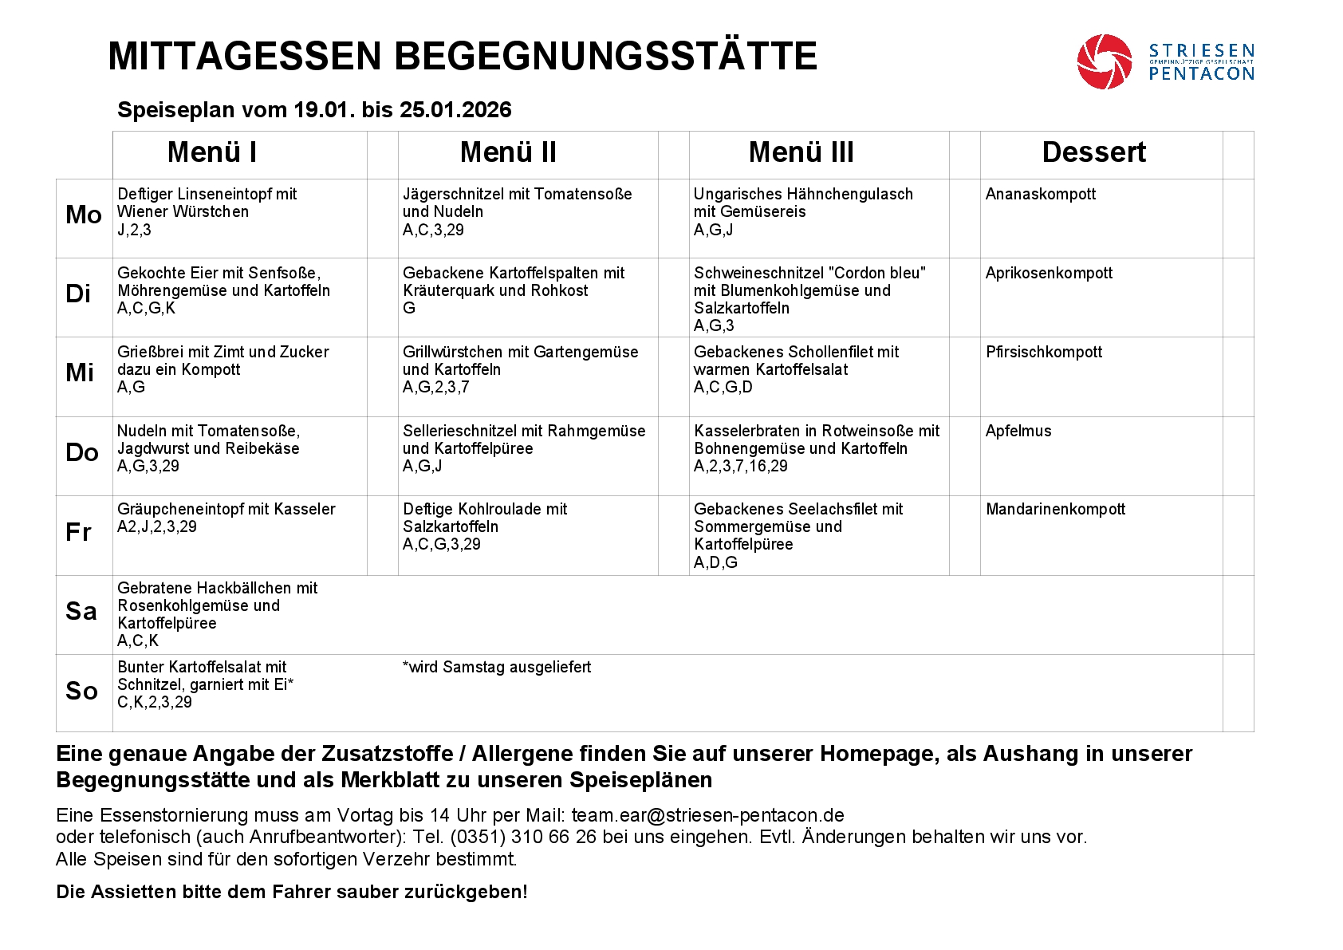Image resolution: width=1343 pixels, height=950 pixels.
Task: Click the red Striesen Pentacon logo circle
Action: click(1104, 61)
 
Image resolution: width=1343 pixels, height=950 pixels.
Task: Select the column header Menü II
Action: click(508, 152)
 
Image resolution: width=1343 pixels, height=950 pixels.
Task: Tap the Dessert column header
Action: click(1093, 152)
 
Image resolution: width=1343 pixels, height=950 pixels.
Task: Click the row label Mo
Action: click(83, 215)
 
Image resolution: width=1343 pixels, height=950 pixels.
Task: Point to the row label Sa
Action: click(81, 611)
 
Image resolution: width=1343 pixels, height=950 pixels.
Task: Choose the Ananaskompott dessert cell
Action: click(1040, 194)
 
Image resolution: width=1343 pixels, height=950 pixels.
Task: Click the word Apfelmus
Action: click(1018, 431)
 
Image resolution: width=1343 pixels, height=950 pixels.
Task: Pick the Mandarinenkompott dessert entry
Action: click(1055, 509)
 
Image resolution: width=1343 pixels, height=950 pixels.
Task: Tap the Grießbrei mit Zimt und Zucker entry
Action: click(223, 352)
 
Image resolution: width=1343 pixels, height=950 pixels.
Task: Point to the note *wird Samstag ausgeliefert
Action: click(497, 667)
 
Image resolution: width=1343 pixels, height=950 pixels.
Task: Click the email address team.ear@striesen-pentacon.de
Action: click(707, 815)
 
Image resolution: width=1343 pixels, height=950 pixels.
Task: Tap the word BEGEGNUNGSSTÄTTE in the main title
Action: click(605, 56)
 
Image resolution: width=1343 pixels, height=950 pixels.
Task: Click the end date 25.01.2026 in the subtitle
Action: click(455, 110)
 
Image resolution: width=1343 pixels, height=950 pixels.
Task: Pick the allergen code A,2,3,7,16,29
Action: click(740, 466)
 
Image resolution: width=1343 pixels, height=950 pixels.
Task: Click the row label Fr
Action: click(78, 532)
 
